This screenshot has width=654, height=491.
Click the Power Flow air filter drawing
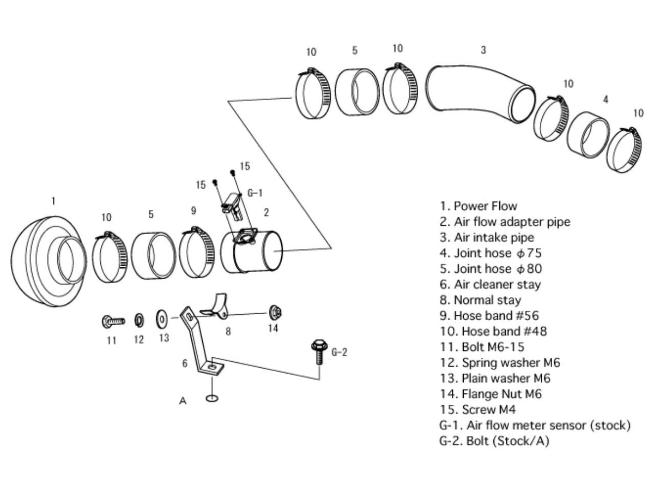[46, 256]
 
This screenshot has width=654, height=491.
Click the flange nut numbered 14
[275, 313]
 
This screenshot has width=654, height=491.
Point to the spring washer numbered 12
[138, 319]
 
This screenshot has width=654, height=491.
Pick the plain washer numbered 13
[162, 318]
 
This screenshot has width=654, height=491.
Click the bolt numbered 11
[112, 321]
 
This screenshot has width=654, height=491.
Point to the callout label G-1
[255, 193]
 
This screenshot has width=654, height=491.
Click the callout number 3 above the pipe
[483, 50]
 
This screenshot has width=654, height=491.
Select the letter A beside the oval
[183, 400]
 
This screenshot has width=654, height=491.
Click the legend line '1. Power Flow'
[478, 206]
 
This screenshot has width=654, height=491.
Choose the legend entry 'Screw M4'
[477, 409]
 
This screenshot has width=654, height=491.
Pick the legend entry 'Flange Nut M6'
[491, 393]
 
